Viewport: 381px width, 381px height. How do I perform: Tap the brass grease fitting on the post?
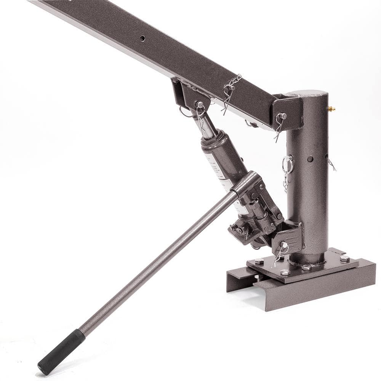[331, 109]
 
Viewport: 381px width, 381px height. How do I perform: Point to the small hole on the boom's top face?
[142, 38]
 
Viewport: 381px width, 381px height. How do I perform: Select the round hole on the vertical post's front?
[310, 158]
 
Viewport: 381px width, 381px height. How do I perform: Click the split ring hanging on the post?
[288, 165]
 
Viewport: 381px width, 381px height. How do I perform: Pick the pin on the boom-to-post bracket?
[282, 116]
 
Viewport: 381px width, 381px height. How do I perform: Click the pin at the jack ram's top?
[199, 105]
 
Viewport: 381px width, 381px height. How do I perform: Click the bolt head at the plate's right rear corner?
[344, 258]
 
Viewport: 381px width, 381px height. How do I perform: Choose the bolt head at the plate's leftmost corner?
[259, 261]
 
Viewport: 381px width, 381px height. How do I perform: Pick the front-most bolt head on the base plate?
[285, 272]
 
